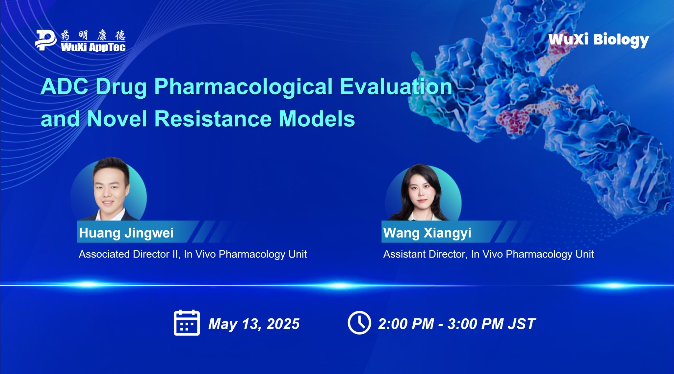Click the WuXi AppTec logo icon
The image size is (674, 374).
tap(46, 40)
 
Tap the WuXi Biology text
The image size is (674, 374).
tap(599, 40)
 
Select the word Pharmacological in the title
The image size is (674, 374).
tap(244, 87)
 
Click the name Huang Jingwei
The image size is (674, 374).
tap(126, 233)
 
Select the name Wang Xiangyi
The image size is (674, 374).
tap(427, 233)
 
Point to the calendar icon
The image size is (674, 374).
tap(187, 323)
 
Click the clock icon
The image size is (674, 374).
tap(359, 323)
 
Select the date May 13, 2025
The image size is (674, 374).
tap(254, 324)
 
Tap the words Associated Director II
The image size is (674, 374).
tap(130, 254)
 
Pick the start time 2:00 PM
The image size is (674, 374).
tap(406, 324)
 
